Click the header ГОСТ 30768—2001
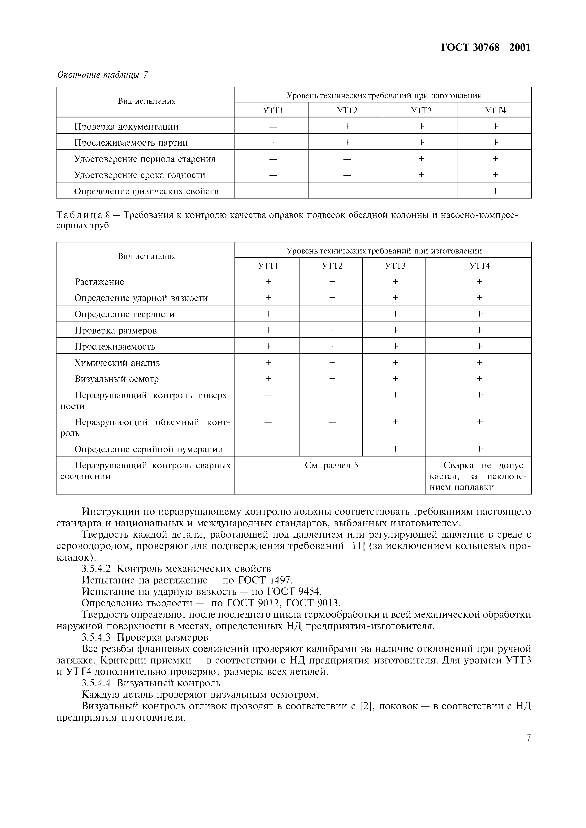(x=486, y=48)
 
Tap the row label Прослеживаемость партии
(x=131, y=143)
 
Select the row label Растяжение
(x=99, y=282)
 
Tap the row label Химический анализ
(x=117, y=363)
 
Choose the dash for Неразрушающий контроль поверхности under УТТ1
(x=268, y=396)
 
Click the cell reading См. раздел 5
(x=331, y=465)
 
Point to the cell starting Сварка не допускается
(x=479, y=476)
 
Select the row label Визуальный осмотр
(x=116, y=379)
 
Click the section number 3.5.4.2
(x=96, y=569)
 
